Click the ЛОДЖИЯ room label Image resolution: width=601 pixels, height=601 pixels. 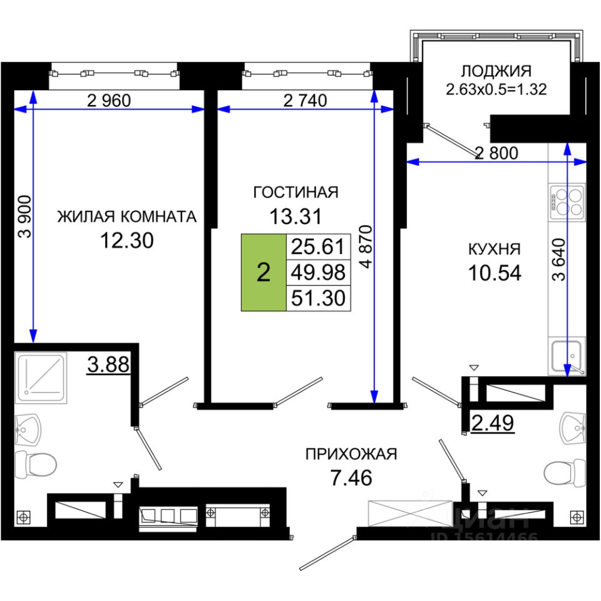tap(496, 71)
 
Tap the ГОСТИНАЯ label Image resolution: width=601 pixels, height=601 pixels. tap(296, 192)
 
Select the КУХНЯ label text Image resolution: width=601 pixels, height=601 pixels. tap(495, 250)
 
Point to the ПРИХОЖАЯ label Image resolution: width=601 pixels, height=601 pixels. tap(351, 455)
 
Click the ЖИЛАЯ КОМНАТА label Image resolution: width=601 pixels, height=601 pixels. tap(127, 217)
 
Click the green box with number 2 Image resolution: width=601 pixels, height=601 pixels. tap(264, 272)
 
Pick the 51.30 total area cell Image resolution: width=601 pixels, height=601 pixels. tap(319, 298)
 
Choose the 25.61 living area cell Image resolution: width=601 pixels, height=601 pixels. tap(319, 247)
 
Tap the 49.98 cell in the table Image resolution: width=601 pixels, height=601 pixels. tap(319, 272)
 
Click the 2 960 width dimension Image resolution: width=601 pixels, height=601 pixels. tap(109, 101)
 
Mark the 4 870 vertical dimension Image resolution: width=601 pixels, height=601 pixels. tap(366, 247)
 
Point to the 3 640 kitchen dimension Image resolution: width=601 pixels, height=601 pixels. tap(559, 259)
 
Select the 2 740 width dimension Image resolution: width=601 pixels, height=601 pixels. tap(305, 101)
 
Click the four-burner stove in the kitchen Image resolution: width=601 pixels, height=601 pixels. tap(567, 202)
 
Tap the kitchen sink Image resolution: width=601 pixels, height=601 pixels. tap(567, 357)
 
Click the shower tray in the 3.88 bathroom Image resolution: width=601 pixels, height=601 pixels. tap(41, 378)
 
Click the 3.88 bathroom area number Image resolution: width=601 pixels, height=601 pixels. tap(108, 364)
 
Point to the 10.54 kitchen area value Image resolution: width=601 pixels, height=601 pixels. tap(495, 274)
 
